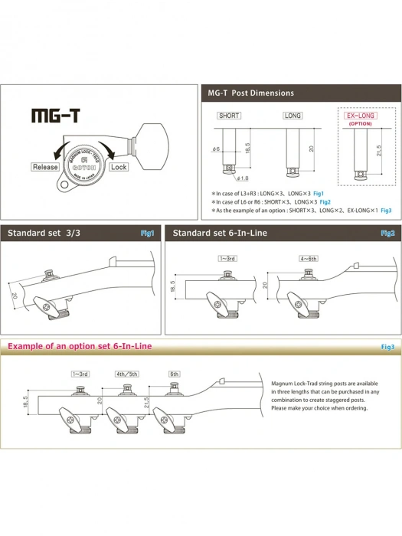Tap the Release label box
pos(44,166)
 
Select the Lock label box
pos(119,166)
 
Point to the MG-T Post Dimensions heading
pos(250,93)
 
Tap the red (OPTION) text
pos(359,123)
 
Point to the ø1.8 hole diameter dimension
pos(241,178)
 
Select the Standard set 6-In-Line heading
pos(219,232)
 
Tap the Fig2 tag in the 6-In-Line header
pos(387,232)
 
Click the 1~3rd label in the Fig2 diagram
pos(229,259)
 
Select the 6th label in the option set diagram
pos(175,374)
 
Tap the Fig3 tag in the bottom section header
pos(387,347)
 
